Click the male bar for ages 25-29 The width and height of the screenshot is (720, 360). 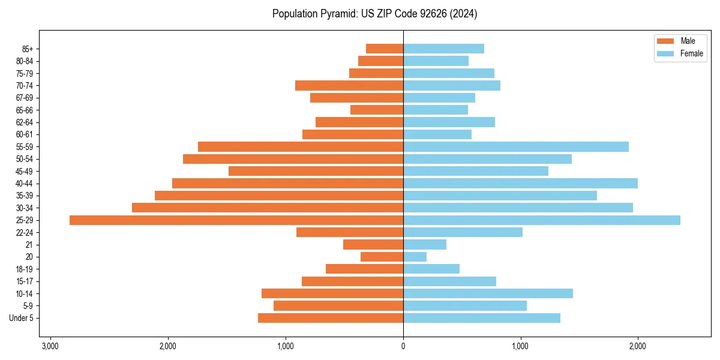click(236, 220)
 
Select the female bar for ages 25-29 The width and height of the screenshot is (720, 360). click(541, 220)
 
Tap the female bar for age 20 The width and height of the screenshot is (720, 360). click(415, 257)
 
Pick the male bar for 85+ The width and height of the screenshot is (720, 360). click(385, 49)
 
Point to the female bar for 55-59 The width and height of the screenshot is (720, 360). click(515, 147)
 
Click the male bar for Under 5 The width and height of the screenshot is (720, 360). click(331, 318)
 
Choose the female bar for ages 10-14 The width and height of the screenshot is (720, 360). click(488, 293)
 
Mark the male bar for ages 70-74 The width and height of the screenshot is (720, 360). click(349, 86)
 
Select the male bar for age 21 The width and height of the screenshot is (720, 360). click(373, 245)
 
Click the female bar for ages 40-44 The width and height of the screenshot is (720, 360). click(520, 184)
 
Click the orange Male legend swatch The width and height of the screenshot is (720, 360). click(666, 41)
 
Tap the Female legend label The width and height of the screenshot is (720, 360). click(691, 53)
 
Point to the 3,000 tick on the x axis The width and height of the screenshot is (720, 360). click(50, 346)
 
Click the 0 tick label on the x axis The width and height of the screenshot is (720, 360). click(403, 346)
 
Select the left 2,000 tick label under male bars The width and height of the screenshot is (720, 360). click(168, 346)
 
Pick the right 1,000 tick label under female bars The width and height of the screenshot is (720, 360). click(520, 346)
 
